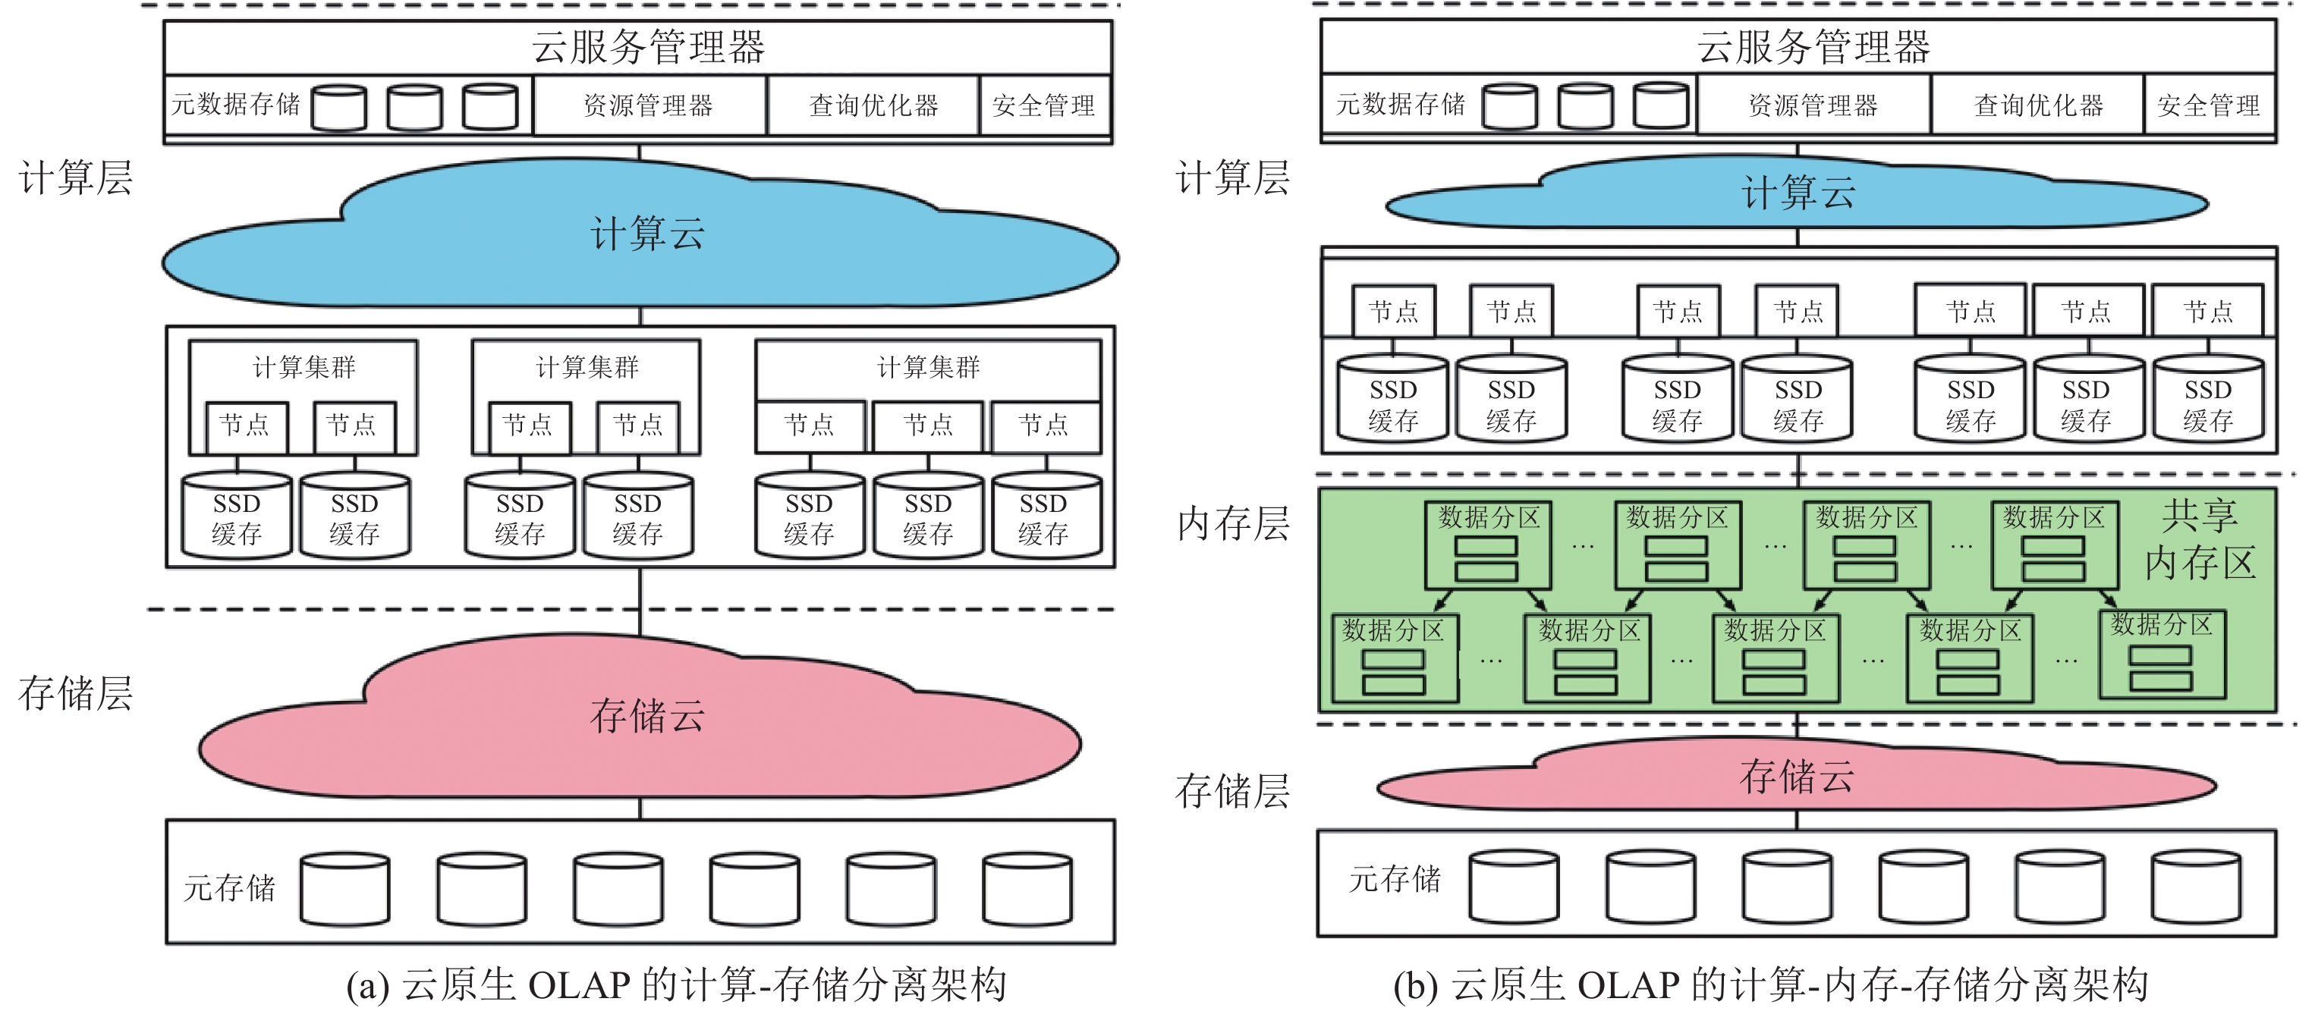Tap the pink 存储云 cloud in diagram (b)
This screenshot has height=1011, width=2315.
click(1795, 777)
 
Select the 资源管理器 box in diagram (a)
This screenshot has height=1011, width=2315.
click(648, 106)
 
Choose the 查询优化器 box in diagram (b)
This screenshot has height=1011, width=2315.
click(2038, 106)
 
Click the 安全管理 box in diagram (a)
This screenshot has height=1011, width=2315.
click(1043, 106)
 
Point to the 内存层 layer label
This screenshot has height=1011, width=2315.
click(1232, 524)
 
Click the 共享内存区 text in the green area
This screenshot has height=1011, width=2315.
click(2199, 539)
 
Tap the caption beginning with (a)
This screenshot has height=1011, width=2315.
click(676, 985)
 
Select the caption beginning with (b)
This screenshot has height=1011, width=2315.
click(1769, 985)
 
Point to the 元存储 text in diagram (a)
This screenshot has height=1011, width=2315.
click(229, 888)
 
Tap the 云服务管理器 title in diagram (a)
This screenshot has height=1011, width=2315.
click(647, 47)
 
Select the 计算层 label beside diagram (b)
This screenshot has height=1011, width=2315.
click(1232, 178)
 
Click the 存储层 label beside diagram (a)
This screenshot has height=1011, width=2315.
click(75, 694)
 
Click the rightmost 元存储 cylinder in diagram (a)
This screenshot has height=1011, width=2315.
click(1027, 889)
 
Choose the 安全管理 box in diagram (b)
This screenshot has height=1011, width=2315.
click(2208, 106)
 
